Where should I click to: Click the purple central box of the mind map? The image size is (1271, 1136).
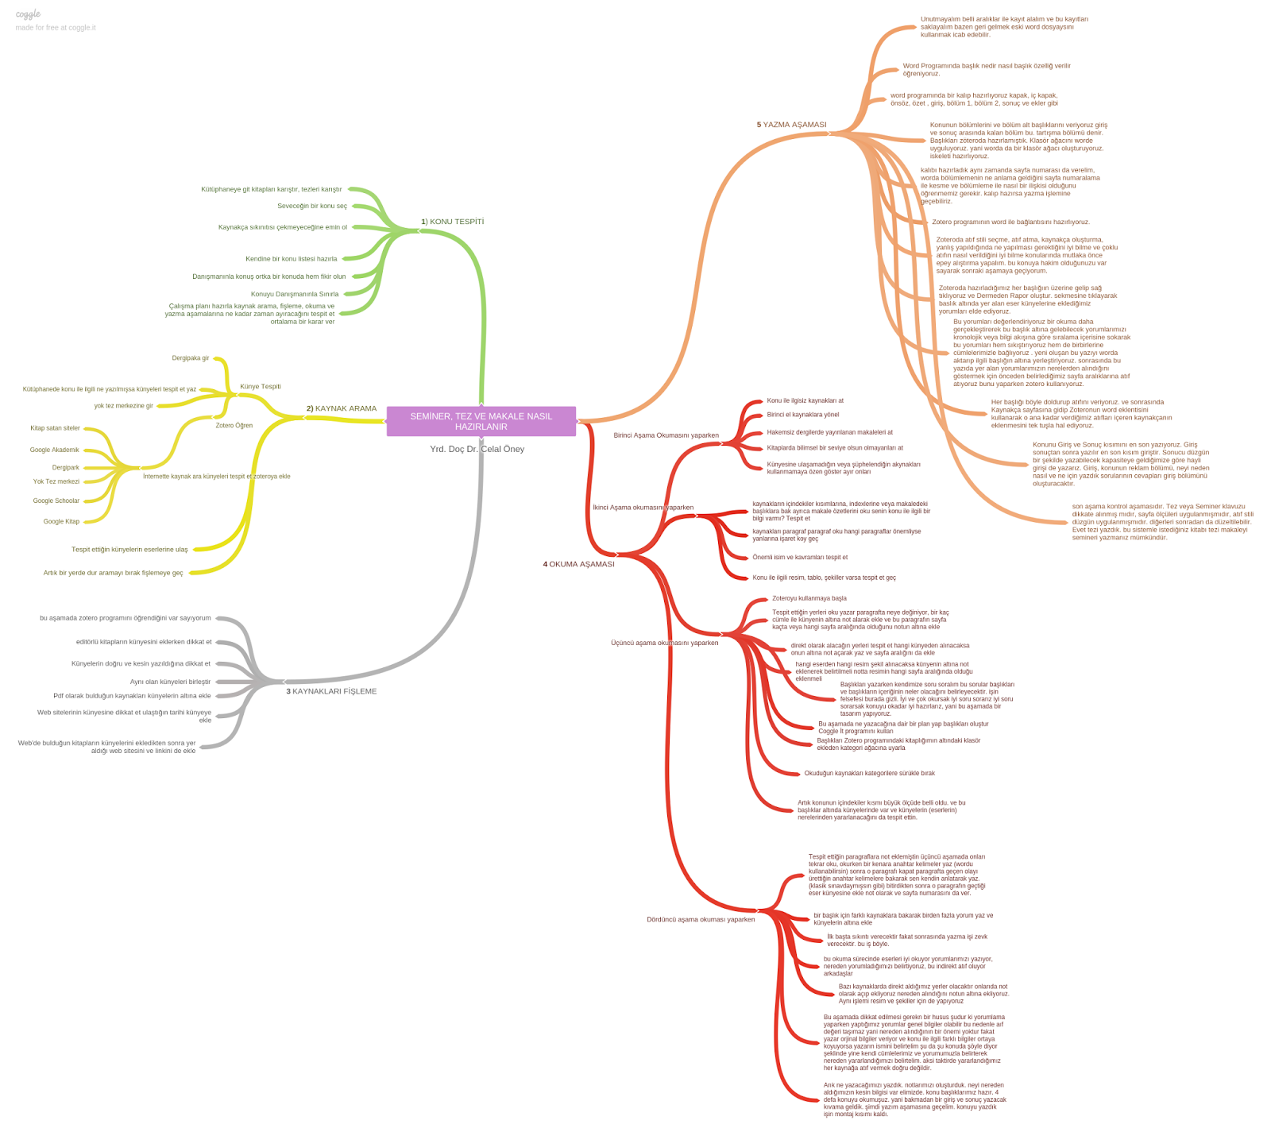[x=481, y=421]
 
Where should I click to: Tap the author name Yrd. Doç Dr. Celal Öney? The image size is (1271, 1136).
[x=477, y=449]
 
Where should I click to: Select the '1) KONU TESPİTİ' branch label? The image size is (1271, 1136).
[x=452, y=222]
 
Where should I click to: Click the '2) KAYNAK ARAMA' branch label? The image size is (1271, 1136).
[x=342, y=408]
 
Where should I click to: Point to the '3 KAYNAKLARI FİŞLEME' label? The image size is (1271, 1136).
[x=331, y=691]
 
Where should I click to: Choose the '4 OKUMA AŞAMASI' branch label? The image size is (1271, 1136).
[x=578, y=564]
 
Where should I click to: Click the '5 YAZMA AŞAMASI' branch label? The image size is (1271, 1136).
[x=791, y=125]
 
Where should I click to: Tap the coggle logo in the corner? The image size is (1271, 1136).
[x=28, y=14]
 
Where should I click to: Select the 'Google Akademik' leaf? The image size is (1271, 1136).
[x=55, y=450]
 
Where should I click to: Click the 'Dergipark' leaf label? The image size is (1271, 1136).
[x=66, y=468]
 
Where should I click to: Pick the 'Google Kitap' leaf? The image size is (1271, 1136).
[x=61, y=521]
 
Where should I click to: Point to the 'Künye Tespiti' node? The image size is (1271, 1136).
[x=261, y=387]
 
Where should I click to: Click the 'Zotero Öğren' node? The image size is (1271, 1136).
[x=234, y=426]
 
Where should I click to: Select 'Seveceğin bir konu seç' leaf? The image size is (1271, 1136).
[x=312, y=206]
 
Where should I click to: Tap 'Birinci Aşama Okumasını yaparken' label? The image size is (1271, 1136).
[x=666, y=435]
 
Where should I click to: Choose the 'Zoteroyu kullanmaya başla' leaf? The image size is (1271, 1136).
[x=809, y=598]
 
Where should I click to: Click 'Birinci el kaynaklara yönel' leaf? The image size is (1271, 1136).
[x=802, y=415]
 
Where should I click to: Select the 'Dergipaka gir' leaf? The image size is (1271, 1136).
[x=191, y=358]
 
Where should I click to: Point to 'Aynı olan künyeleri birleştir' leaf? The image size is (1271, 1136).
[x=171, y=682]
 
